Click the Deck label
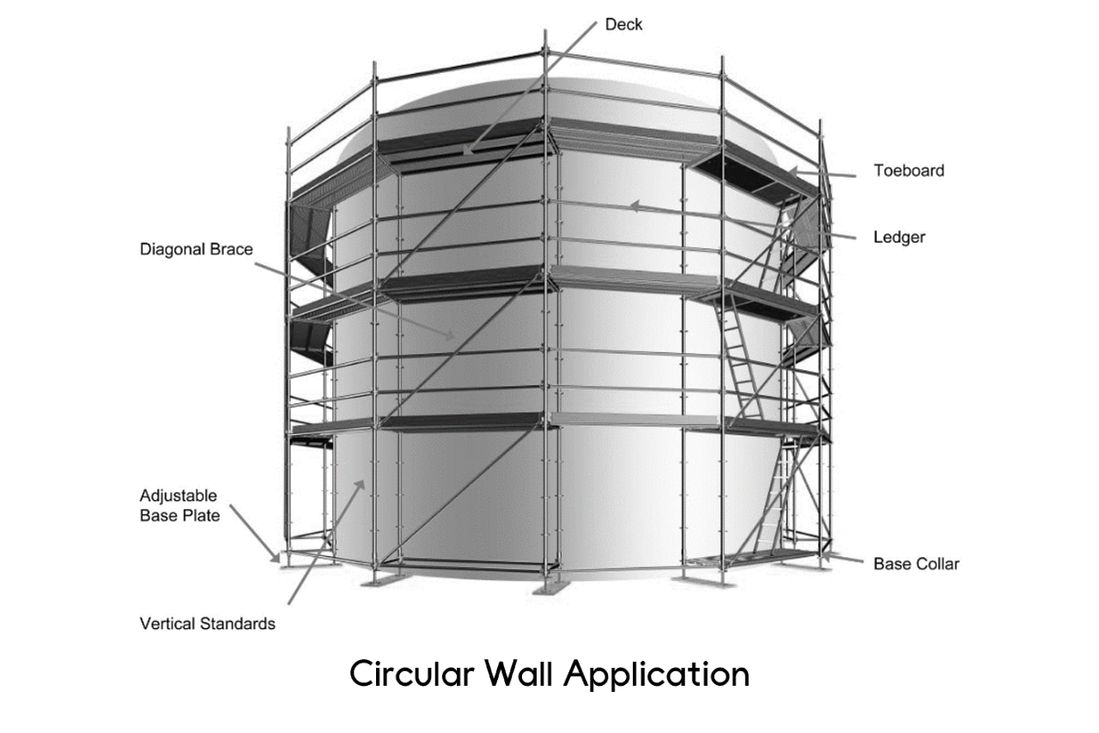click(x=623, y=25)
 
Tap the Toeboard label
click(x=908, y=171)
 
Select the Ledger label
click(x=899, y=237)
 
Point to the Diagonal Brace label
click(x=197, y=250)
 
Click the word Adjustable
click(x=178, y=496)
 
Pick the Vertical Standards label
click(x=208, y=624)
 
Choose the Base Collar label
click(x=916, y=564)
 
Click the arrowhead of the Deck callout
click(x=465, y=153)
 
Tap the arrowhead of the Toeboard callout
click(x=791, y=170)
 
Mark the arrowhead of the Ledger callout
click(x=632, y=205)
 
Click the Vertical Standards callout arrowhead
click(x=362, y=483)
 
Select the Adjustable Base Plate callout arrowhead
click(x=277, y=559)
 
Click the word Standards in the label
click(x=238, y=624)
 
